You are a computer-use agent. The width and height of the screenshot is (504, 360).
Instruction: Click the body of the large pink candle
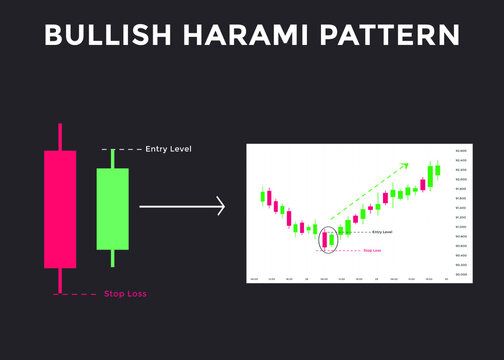pyautogui.click(x=60, y=209)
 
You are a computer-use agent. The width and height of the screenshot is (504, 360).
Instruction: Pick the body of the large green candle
pyautogui.click(x=112, y=208)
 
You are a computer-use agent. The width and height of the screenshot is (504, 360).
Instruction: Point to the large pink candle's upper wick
pyautogui.click(x=60, y=137)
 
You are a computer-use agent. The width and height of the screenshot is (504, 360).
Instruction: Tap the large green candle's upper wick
pyautogui.click(x=112, y=159)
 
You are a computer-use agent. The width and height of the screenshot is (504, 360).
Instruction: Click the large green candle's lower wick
pyautogui.click(x=112, y=257)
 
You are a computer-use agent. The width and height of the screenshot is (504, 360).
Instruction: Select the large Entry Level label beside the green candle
pyautogui.click(x=168, y=150)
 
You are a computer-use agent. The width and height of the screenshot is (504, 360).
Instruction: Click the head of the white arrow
pyautogui.click(x=219, y=208)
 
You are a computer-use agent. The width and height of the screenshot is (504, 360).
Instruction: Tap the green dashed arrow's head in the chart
pyautogui.click(x=404, y=165)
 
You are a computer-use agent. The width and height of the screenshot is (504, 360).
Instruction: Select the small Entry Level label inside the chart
pyautogui.click(x=381, y=232)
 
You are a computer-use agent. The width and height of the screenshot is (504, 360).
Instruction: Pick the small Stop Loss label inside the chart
pyautogui.click(x=372, y=250)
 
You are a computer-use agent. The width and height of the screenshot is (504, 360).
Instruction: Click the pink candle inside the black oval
pyautogui.click(x=324, y=237)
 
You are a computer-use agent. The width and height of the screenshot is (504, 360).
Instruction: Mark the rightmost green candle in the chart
pyautogui.click(x=437, y=171)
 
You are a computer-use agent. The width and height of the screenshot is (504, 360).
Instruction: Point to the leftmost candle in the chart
pyautogui.click(x=263, y=195)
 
